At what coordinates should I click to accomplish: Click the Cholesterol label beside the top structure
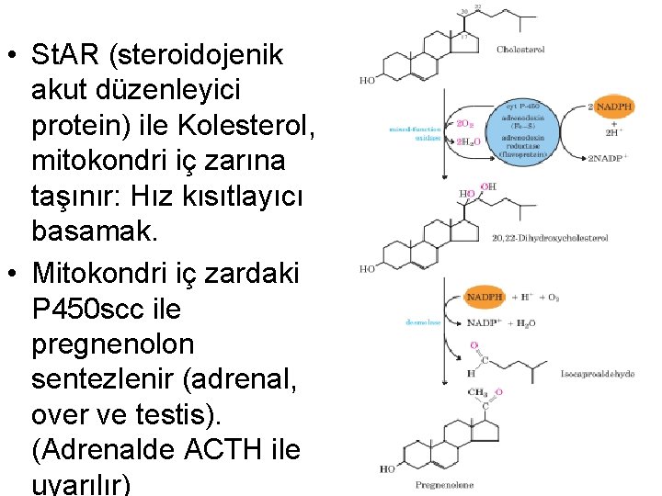[520, 50]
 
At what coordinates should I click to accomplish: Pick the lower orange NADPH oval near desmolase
[485, 297]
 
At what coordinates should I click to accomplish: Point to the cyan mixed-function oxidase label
[416, 134]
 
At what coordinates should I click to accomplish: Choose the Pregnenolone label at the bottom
[418, 483]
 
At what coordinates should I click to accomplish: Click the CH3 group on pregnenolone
[478, 392]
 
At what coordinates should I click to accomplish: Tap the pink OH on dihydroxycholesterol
[488, 186]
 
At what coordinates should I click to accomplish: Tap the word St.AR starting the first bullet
[65, 55]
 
